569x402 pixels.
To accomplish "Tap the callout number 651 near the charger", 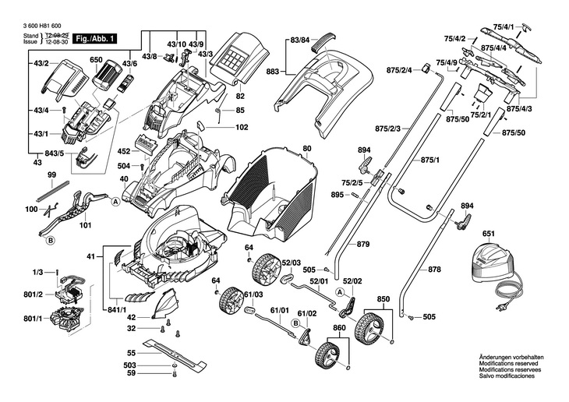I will [488, 234].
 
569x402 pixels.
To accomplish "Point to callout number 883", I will [272, 70].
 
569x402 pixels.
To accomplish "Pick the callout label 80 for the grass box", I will [306, 148].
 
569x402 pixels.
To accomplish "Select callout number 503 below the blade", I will [130, 365].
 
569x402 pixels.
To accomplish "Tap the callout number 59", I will [132, 374].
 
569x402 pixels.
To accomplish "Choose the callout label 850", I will [383, 298].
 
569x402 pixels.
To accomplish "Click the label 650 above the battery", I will [96, 60].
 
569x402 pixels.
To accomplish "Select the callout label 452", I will [124, 152].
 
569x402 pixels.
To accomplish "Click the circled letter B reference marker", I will [51, 242].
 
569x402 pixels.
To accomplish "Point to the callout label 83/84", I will [299, 39].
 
